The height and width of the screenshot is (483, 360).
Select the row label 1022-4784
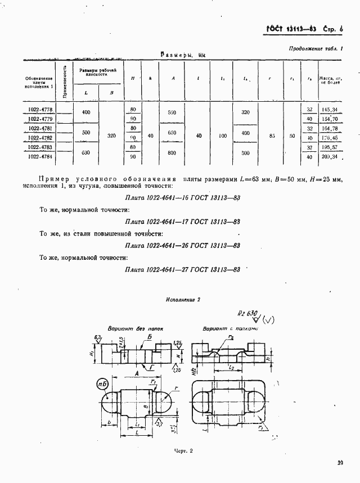[39, 157]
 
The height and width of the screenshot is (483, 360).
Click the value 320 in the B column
[111, 136]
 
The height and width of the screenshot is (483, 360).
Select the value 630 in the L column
[86, 152]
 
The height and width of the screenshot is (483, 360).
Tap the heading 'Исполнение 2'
[183, 300]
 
